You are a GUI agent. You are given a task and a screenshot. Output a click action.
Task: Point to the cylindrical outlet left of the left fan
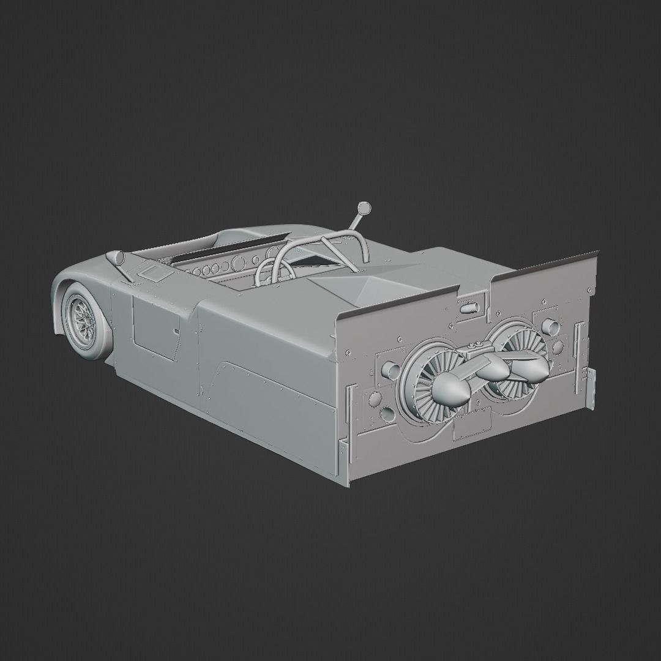click(389, 370)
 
